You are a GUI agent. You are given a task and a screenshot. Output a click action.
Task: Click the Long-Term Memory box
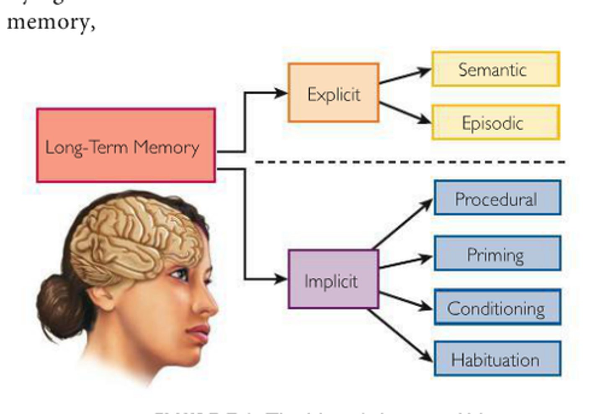[x=126, y=146]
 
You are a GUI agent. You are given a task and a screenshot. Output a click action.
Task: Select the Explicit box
[x=333, y=93]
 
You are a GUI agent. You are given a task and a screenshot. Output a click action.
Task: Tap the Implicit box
[x=333, y=279]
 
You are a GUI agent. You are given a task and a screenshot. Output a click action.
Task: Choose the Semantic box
[x=495, y=69]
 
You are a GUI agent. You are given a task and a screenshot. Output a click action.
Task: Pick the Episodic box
[x=495, y=122]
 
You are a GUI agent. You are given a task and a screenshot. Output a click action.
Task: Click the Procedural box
[x=497, y=198]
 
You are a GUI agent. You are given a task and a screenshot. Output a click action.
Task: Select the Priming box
[x=497, y=253]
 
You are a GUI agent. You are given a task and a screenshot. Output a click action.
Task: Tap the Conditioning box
[x=497, y=307]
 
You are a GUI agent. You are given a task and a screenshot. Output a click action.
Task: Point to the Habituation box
[x=497, y=359]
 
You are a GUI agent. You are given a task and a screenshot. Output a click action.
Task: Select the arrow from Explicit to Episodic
[x=405, y=113]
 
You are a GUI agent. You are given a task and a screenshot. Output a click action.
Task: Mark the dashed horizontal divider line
[x=410, y=162]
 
